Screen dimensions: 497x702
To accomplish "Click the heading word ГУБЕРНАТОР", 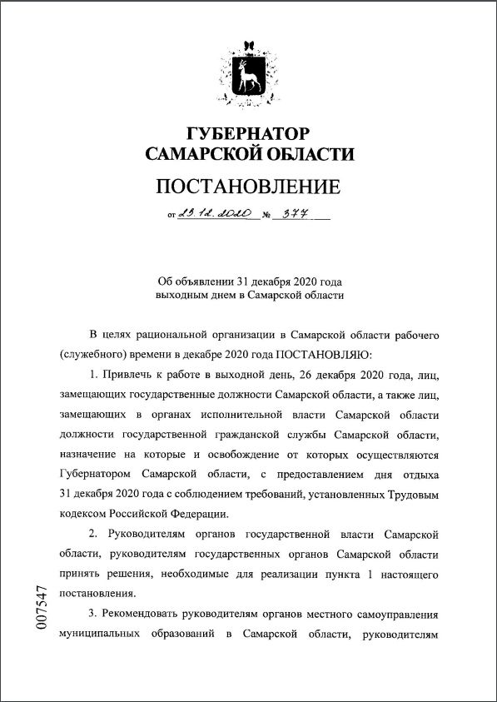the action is [x=249, y=133].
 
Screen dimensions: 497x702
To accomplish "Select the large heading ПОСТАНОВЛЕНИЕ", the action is [x=249, y=184].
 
